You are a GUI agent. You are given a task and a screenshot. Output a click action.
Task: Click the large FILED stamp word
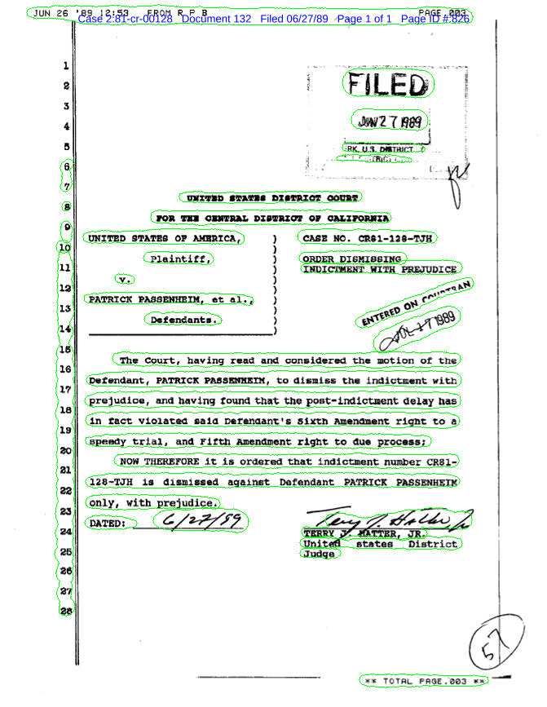coord(386,85)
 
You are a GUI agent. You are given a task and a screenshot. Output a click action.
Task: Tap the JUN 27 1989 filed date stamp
coord(390,122)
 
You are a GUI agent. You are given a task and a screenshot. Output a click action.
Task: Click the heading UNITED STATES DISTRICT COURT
coord(271,197)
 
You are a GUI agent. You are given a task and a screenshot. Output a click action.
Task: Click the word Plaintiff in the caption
coord(181,259)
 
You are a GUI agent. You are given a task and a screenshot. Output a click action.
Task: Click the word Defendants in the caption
coord(184,320)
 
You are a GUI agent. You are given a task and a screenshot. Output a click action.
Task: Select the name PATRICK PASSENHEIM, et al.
coord(171,299)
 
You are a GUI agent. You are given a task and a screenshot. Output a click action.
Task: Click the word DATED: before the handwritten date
coord(107,523)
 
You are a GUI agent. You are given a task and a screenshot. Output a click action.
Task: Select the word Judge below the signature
coord(319,554)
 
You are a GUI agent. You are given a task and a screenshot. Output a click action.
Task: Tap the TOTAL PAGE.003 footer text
coord(424,679)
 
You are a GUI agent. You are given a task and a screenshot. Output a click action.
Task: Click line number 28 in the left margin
coord(65,609)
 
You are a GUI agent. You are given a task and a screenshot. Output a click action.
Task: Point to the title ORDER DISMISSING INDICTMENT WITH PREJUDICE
coord(380,263)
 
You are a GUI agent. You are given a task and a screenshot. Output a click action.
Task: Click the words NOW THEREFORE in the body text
coord(159,462)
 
